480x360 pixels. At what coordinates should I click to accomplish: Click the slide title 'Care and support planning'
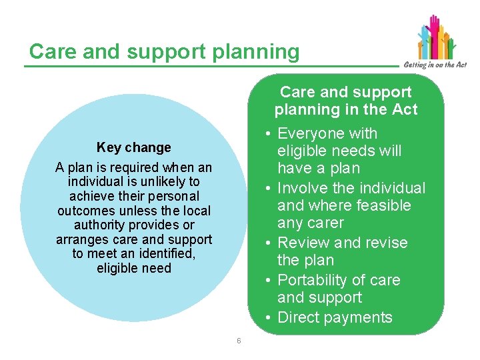164,51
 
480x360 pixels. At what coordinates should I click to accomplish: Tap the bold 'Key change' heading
133,147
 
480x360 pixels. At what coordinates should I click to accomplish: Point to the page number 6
239,341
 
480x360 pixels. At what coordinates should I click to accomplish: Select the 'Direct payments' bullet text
335,317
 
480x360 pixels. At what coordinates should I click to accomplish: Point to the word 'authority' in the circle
103,225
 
